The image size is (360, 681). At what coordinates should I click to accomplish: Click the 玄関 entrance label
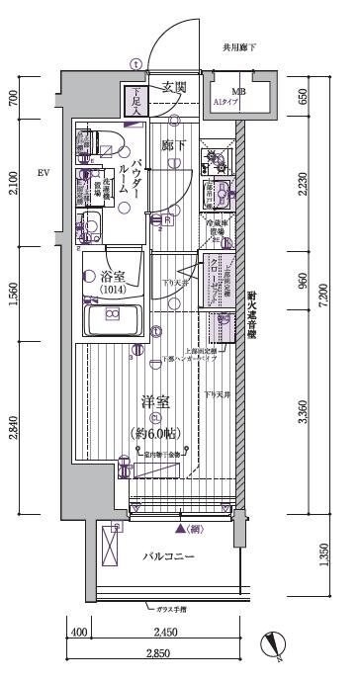point(175,87)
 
